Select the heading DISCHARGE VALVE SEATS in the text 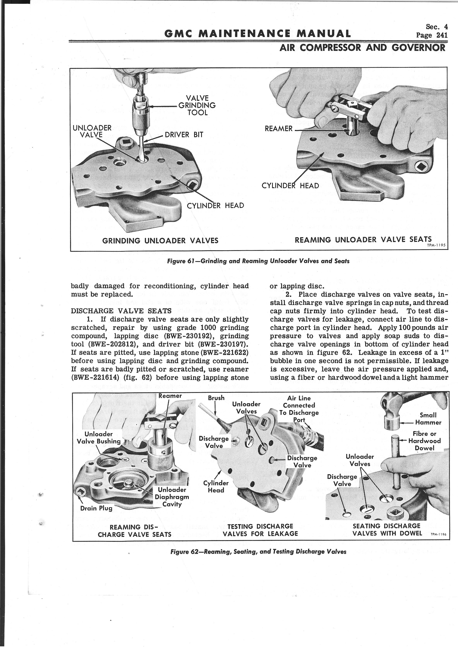click(x=121, y=311)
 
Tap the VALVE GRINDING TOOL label click(x=197, y=105)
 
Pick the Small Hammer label click(x=428, y=419)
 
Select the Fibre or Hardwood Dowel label click(x=424, y=441)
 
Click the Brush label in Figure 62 click(x=216, y=398)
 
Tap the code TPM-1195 click(x=436, y=245)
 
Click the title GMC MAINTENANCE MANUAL click(x=257, y=34)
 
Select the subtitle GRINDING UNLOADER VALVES click(x=160, y=240)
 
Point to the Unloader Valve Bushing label click(x=98, y=438)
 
